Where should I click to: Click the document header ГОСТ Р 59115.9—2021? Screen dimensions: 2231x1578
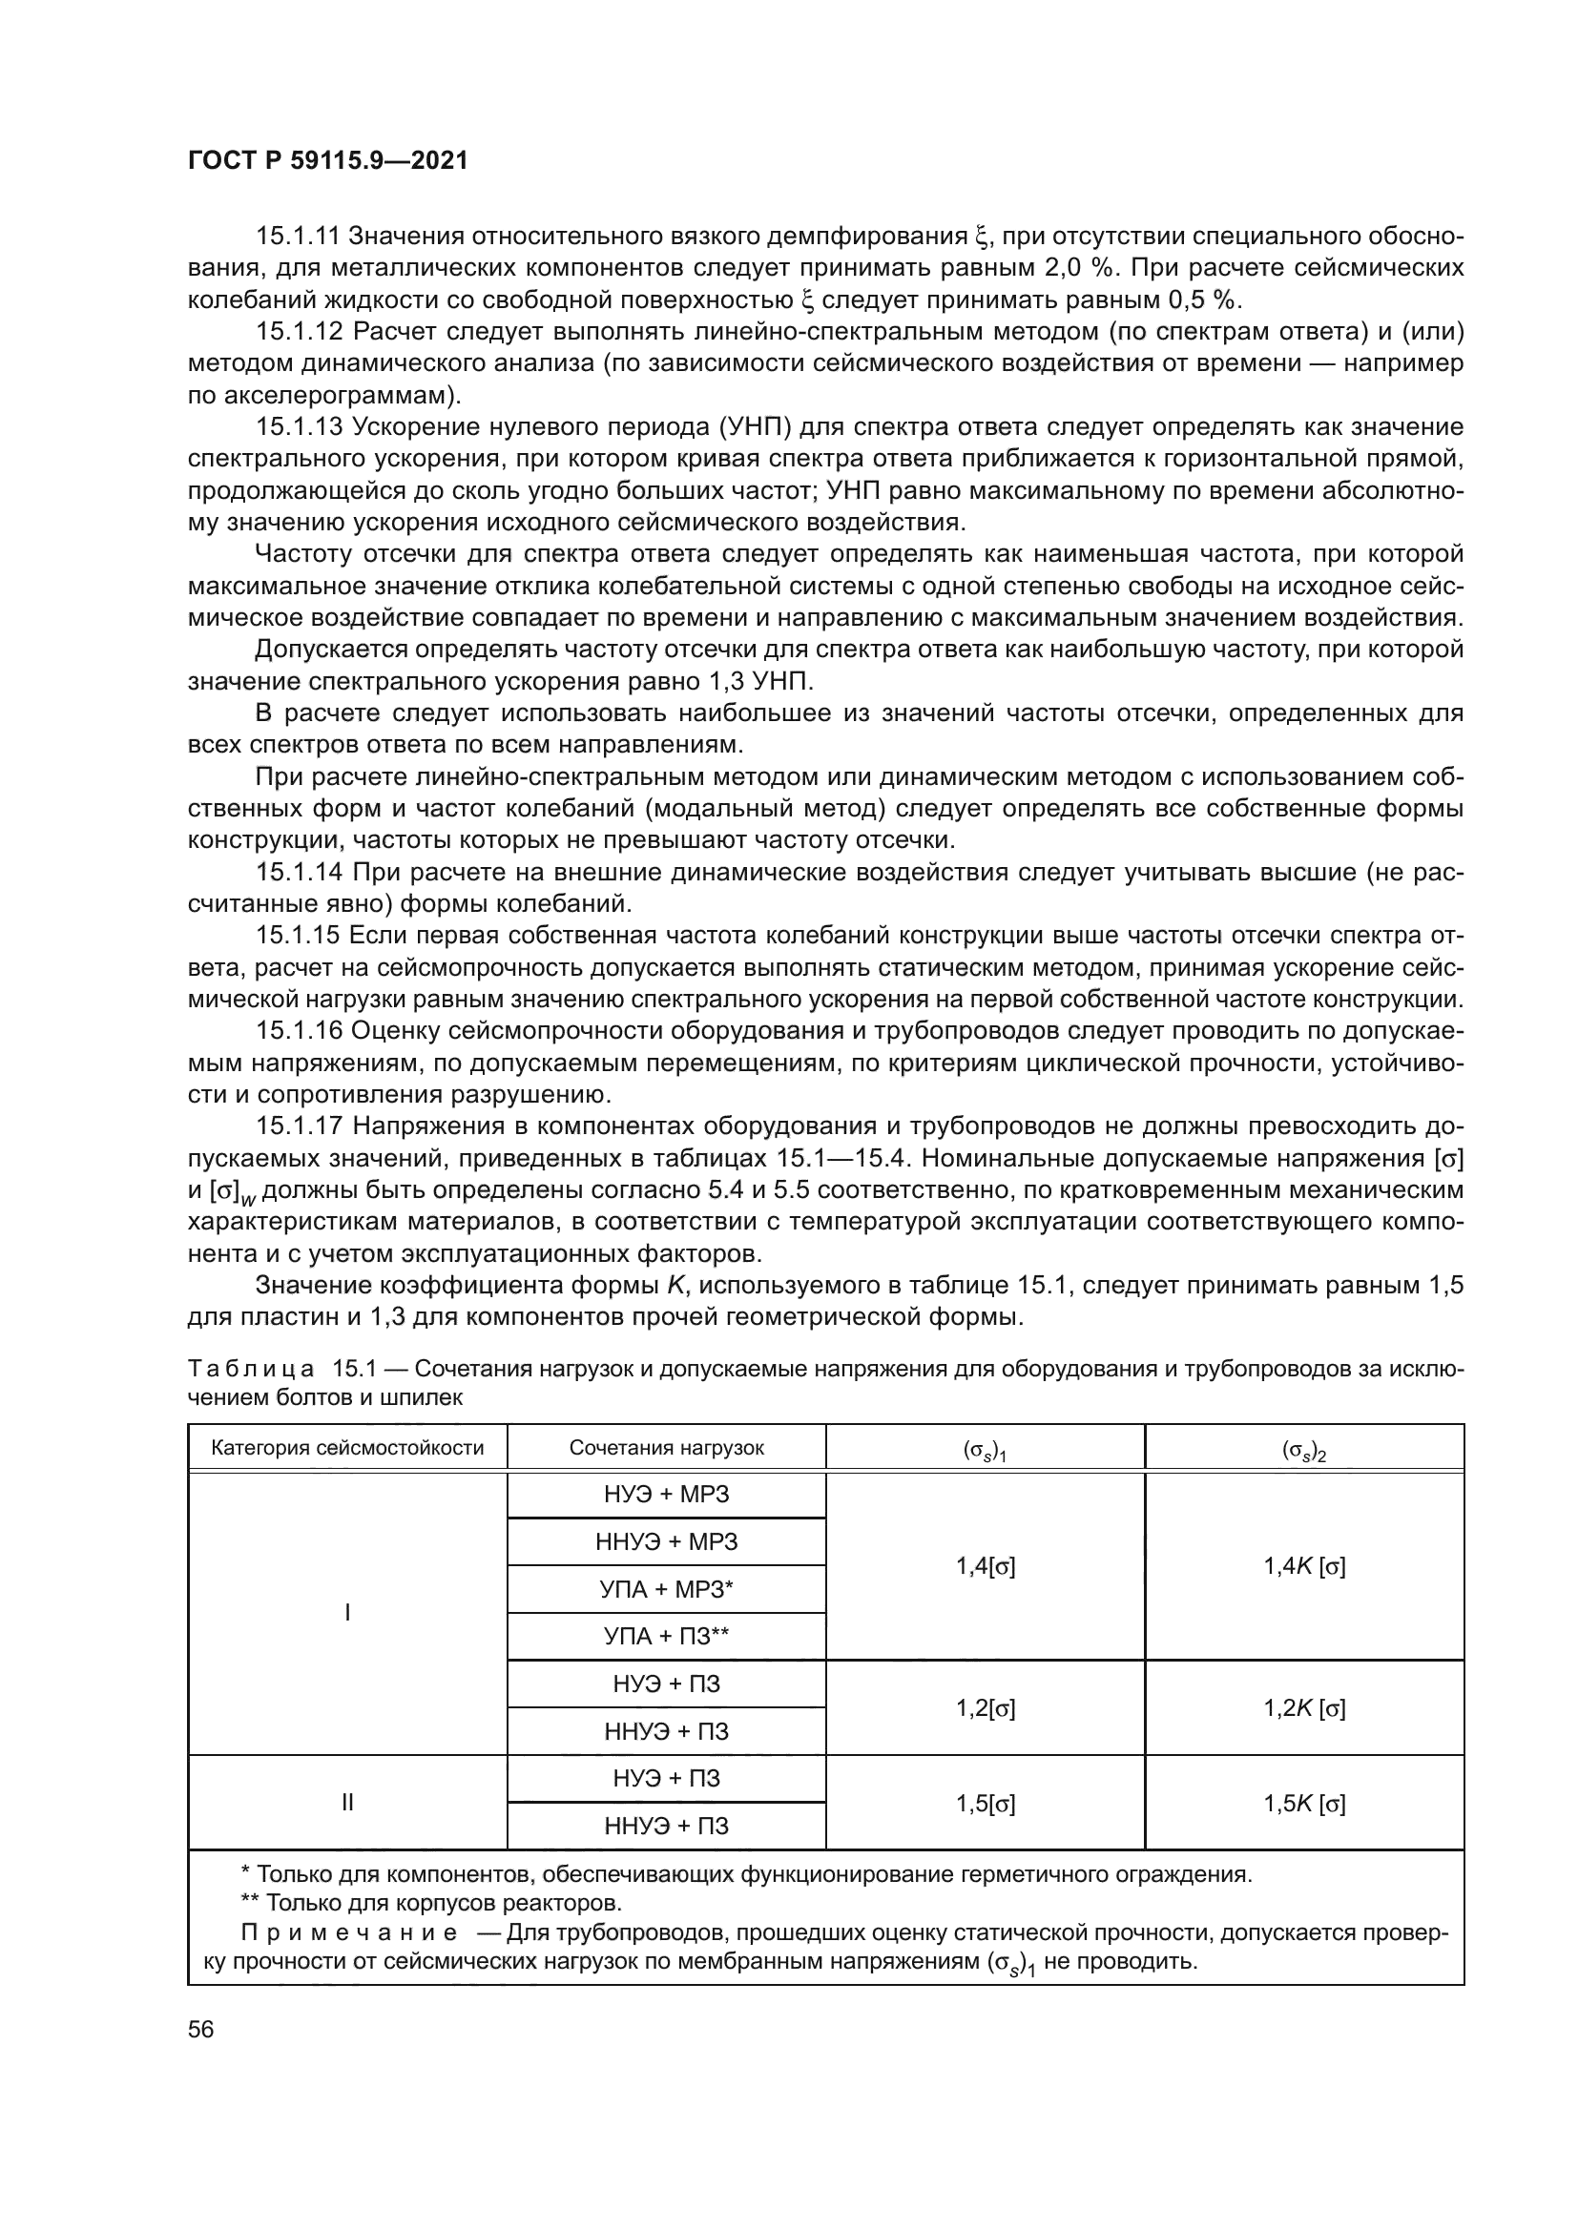point(327,161)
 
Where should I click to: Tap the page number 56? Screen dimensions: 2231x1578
point(201,2029)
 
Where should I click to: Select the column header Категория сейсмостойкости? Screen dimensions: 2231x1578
point(347,1448)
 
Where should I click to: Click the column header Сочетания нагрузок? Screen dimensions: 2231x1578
point(667,1448)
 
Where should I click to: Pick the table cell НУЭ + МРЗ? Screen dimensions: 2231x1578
point(667,1495)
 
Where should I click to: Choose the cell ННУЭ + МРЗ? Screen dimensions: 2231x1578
point(667,1542)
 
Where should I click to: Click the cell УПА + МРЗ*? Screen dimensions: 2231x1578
point(667,1590)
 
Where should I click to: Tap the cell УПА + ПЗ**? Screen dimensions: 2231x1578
point(667,1638)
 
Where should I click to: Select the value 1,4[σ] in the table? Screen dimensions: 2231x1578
point(986,1566)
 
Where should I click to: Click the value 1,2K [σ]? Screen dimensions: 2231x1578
point(1304,1708)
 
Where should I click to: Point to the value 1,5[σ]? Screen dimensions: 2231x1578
point(986,1804)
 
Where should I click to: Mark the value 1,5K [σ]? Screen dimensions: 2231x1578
point(1304,1804)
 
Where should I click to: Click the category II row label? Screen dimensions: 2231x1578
point(347,1804)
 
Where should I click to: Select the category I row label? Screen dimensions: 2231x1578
point(347,1613)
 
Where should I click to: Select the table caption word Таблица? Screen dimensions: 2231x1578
point(250,1369)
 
